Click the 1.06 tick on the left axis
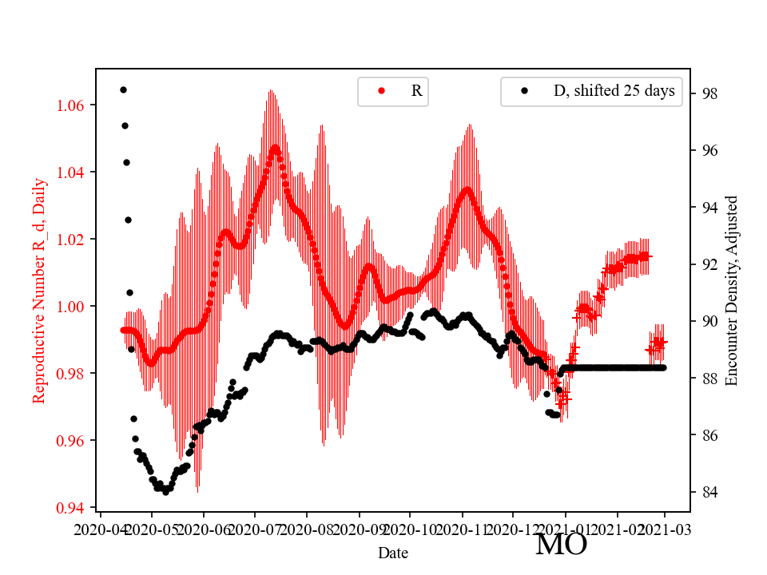click(x=74, y=105)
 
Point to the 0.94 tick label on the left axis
click(x=74, y=508)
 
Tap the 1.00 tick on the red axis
click(x=74, y=307)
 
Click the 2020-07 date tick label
click(x=255, y=528)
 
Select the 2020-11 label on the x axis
click(x=462, y=528)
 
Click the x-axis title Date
click(x=394, y=552)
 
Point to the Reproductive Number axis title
click(x=38, y=290)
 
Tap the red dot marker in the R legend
click(x=381, y=91)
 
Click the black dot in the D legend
click(x=524, y=91)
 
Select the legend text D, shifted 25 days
click(x=614, y=91)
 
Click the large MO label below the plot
click(x=561, y=545)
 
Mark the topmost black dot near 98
click(x=123, y=89)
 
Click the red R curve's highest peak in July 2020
click(x=275, y=147)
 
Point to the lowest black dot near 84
click(x=165, y=492)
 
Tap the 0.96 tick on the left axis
click(x=74, y=441)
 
